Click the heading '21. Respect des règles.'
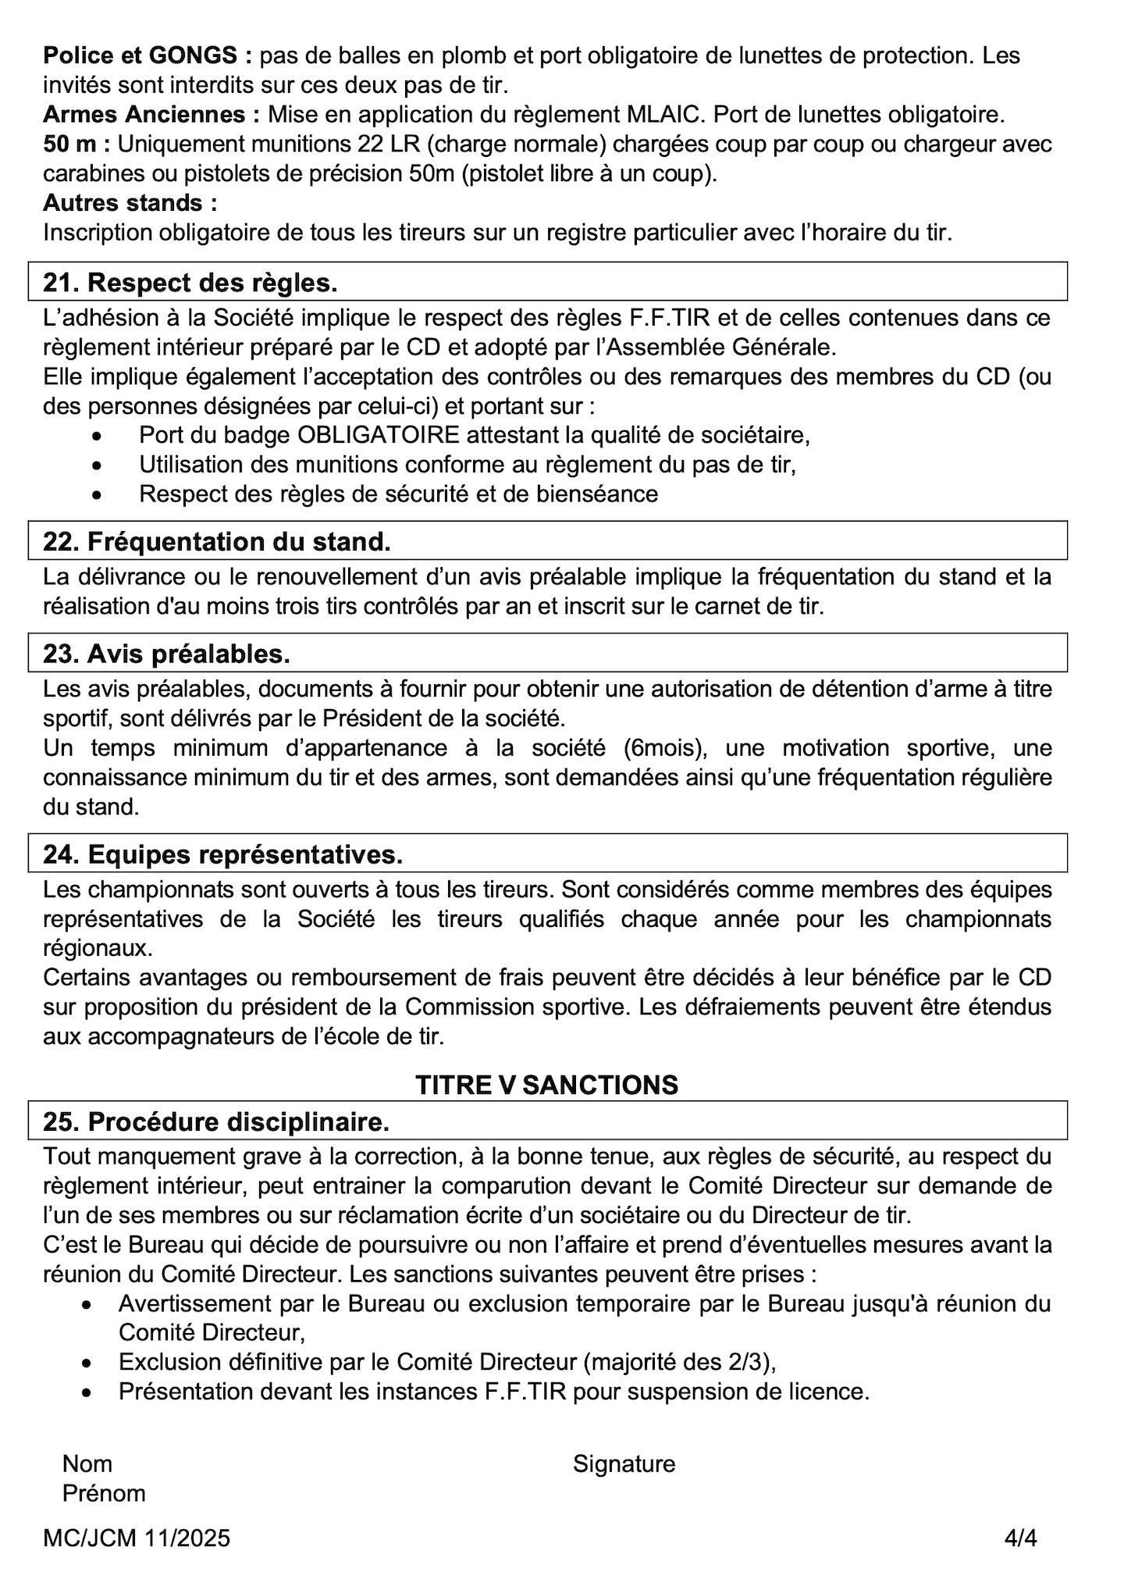point(190,283)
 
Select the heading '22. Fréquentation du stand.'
point(217,541)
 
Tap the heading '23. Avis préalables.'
point(166,654)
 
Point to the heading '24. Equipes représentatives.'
point(222,854)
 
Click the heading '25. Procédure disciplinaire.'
point(216,1121)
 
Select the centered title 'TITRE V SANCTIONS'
point(546,1085)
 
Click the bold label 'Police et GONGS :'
point(148,55)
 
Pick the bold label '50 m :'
point(76,144)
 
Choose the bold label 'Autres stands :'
point(130,203)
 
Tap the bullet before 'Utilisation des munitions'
point(97,465)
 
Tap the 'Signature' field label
point(624,1463)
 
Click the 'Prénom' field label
point(104,1493)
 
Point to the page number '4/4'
point(1020,1538)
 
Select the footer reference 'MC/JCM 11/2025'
point(137,1538)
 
